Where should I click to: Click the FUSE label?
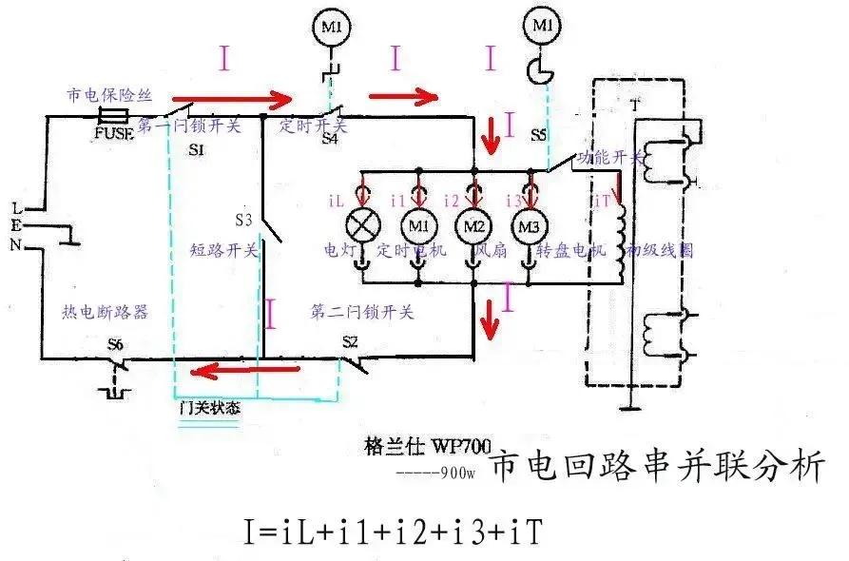pyautogui.click(x=115, y=133)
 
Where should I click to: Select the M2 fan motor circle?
pyautogui.click(x=473, y=225)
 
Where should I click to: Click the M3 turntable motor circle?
pyautogui.click(x=530, y=226)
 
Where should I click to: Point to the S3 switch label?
pyautogui.click(x=244, y=220)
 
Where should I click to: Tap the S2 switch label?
pyautogui.click(x=351, y=341)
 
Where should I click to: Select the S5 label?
pyautogui.click(x=538, y=135)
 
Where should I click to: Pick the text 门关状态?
pyautogui.click(x=209, y=407)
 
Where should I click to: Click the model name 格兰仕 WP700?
pyautogui.click(x=418, y=444)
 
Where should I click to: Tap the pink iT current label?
pyautogui.click(x=600, y=201)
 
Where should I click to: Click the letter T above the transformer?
pyautogui.click(x=635, y=105)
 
